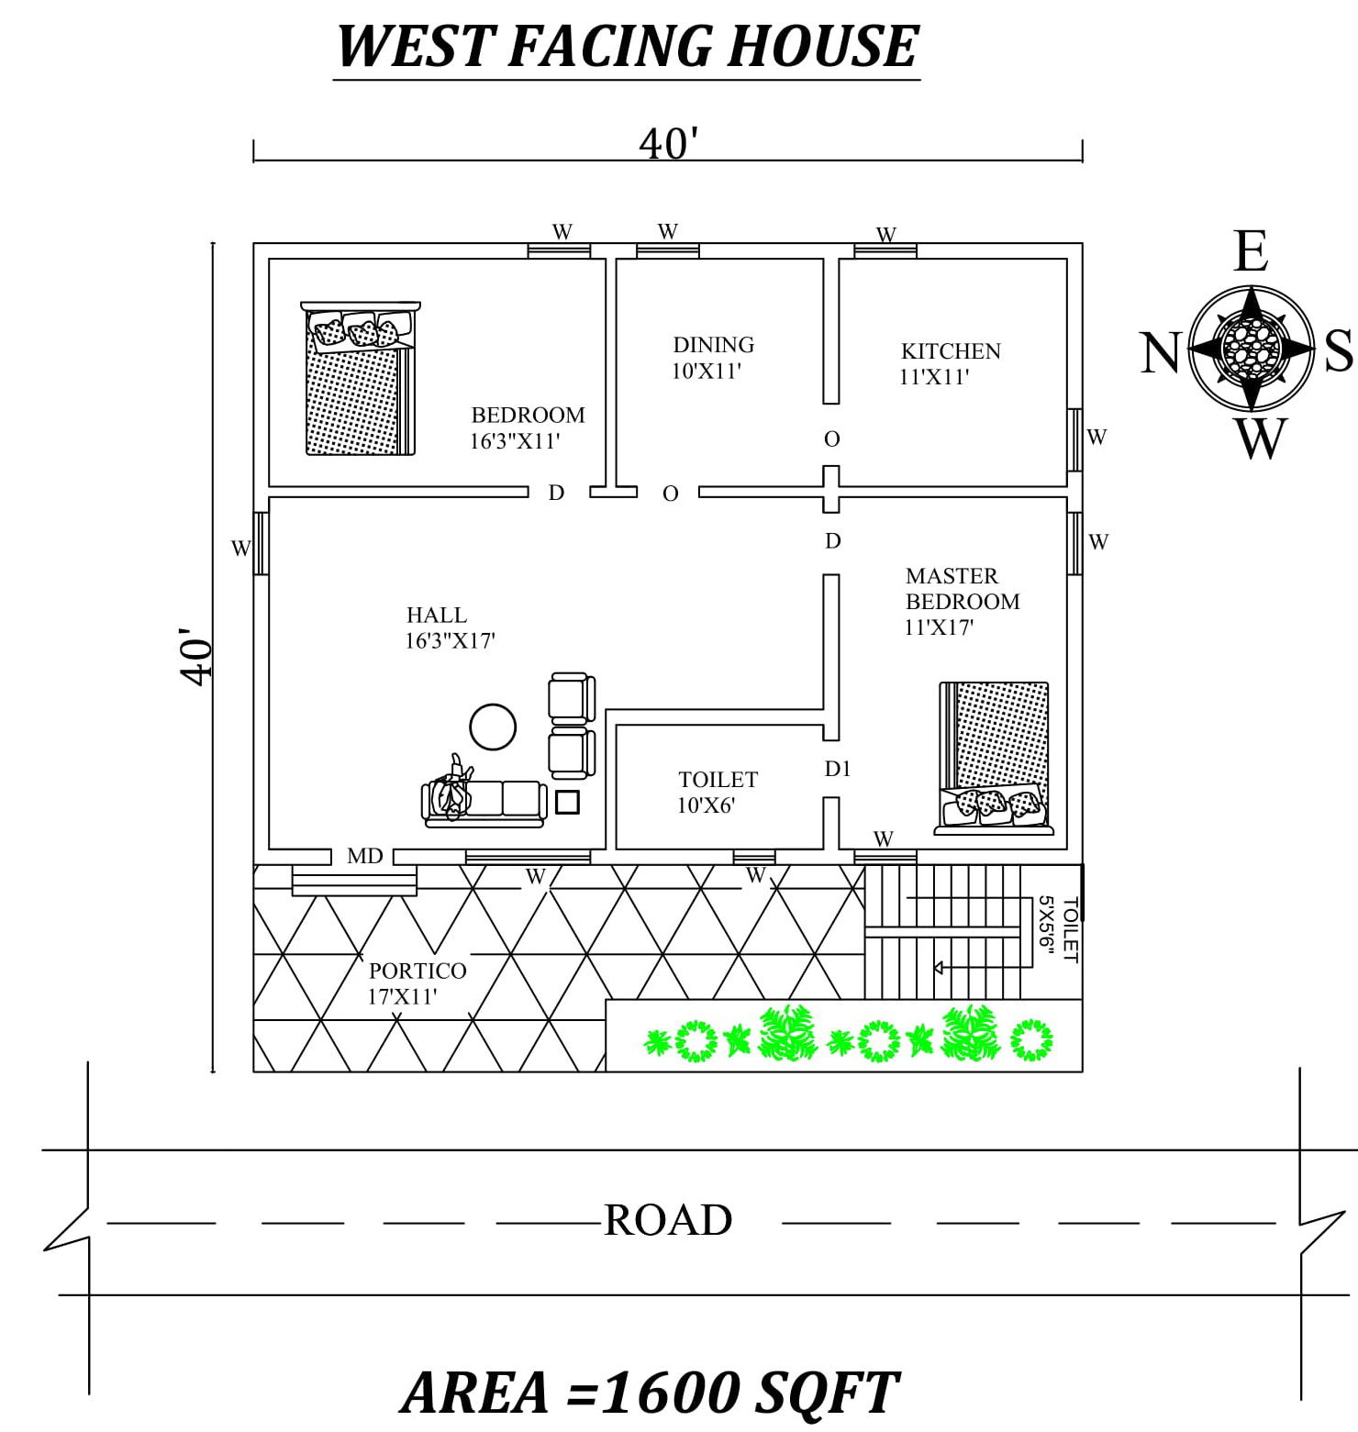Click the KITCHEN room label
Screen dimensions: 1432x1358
(950, 351)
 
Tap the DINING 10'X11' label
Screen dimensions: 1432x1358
(712, 358)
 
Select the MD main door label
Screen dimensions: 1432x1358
(364, 856)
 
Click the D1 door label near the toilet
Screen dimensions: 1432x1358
(837, 769)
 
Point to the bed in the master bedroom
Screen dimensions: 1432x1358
(994, 758)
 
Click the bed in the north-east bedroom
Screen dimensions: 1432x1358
(359, 378)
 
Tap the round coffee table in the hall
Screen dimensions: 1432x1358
(493, 727)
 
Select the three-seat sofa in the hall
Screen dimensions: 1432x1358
(484, 801)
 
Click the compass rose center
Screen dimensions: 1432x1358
(1252, 349)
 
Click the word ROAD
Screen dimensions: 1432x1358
(667, 1220)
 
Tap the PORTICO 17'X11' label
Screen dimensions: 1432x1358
(417, 983)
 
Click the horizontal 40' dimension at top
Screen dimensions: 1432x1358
(668, 144)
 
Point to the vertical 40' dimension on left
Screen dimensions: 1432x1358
(196, 656)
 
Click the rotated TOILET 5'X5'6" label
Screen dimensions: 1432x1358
(1058, 929)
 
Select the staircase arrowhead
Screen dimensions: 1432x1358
(940, 968)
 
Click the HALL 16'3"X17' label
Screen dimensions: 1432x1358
(450, 627)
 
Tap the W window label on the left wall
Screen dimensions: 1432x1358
(240, 549)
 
